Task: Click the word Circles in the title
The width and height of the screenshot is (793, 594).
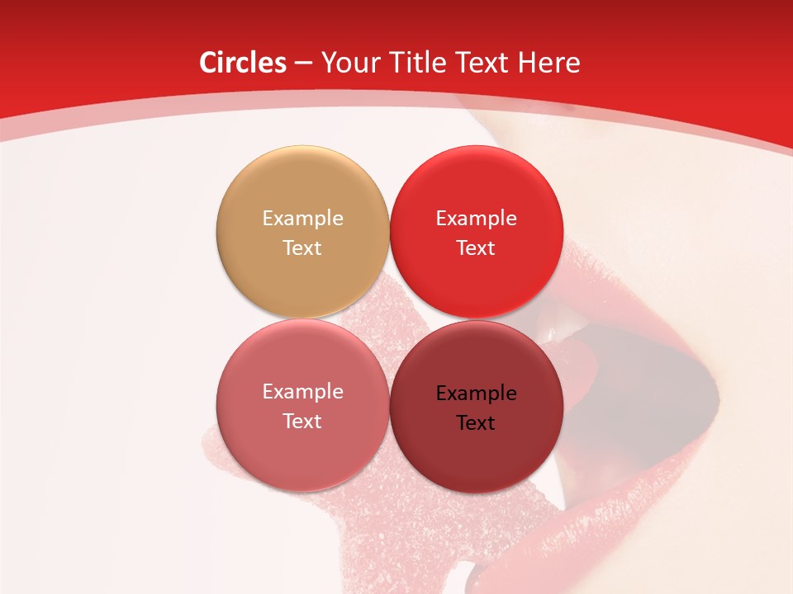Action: click(x=242, y=63)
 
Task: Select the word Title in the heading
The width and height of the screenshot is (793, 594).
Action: click(x=425, y=63)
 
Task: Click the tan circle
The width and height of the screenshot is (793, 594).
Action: click(x=302, y=232)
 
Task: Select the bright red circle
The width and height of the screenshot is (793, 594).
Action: click(x=476, y=232)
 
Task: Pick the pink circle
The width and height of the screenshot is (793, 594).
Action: click(x=302, y=405)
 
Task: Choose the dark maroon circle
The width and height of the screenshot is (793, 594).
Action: click(x=476, y=407)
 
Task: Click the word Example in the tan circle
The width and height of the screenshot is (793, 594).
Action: click(x=302, y=218)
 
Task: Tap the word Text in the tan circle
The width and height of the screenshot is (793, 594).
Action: click(x=302, y=247)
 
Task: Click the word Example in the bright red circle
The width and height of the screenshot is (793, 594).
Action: click(x=476, y=218)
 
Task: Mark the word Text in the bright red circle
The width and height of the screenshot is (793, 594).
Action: click(x=476, y=247)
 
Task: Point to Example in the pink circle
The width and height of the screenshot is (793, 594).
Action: click(x=302, y=391)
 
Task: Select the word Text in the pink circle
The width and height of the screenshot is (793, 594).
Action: click(x=302, y=421)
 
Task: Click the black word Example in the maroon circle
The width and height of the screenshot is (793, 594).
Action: click(x=476, y=393)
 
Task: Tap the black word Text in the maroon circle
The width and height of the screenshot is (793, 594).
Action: click(x=476, y=422)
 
